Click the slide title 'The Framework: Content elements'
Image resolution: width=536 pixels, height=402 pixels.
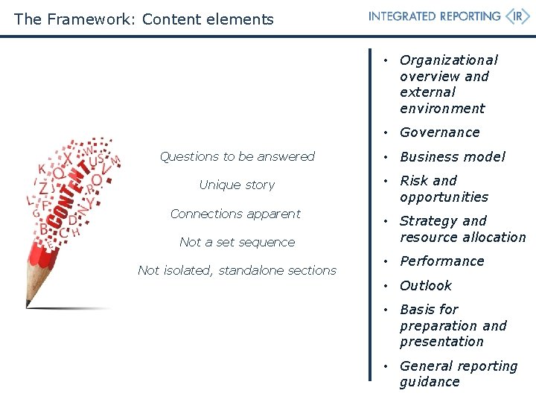click(x=144, y=19)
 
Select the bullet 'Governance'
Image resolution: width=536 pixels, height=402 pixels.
click(x=439, y=133)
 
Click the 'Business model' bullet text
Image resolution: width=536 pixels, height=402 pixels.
click(x=452, y=157)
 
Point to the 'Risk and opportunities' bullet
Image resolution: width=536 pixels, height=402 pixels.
click(x=444, y=189)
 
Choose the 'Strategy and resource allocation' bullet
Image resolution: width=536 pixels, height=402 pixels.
click(x=462, y=229)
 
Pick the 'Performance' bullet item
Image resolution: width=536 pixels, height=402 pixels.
click(x=441, y=261)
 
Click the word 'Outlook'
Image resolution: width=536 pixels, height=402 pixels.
click(x=425, y=286)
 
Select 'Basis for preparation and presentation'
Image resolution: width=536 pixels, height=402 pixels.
click(x=453, y=326)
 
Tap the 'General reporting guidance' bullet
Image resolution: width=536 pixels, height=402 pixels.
click(x=458, y=374)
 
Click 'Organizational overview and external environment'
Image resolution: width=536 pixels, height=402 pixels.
click(x=448, y=84)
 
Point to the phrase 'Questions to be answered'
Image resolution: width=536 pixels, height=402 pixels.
click(x=237, y=156)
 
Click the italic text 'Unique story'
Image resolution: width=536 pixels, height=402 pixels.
click(x=237, y=185)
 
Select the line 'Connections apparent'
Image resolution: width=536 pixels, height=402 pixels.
click(x=235, y=214)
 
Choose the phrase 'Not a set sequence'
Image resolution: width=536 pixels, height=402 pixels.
click(x=237, y=242)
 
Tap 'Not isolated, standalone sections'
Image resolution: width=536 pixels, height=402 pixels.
click(x=237, y=270)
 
